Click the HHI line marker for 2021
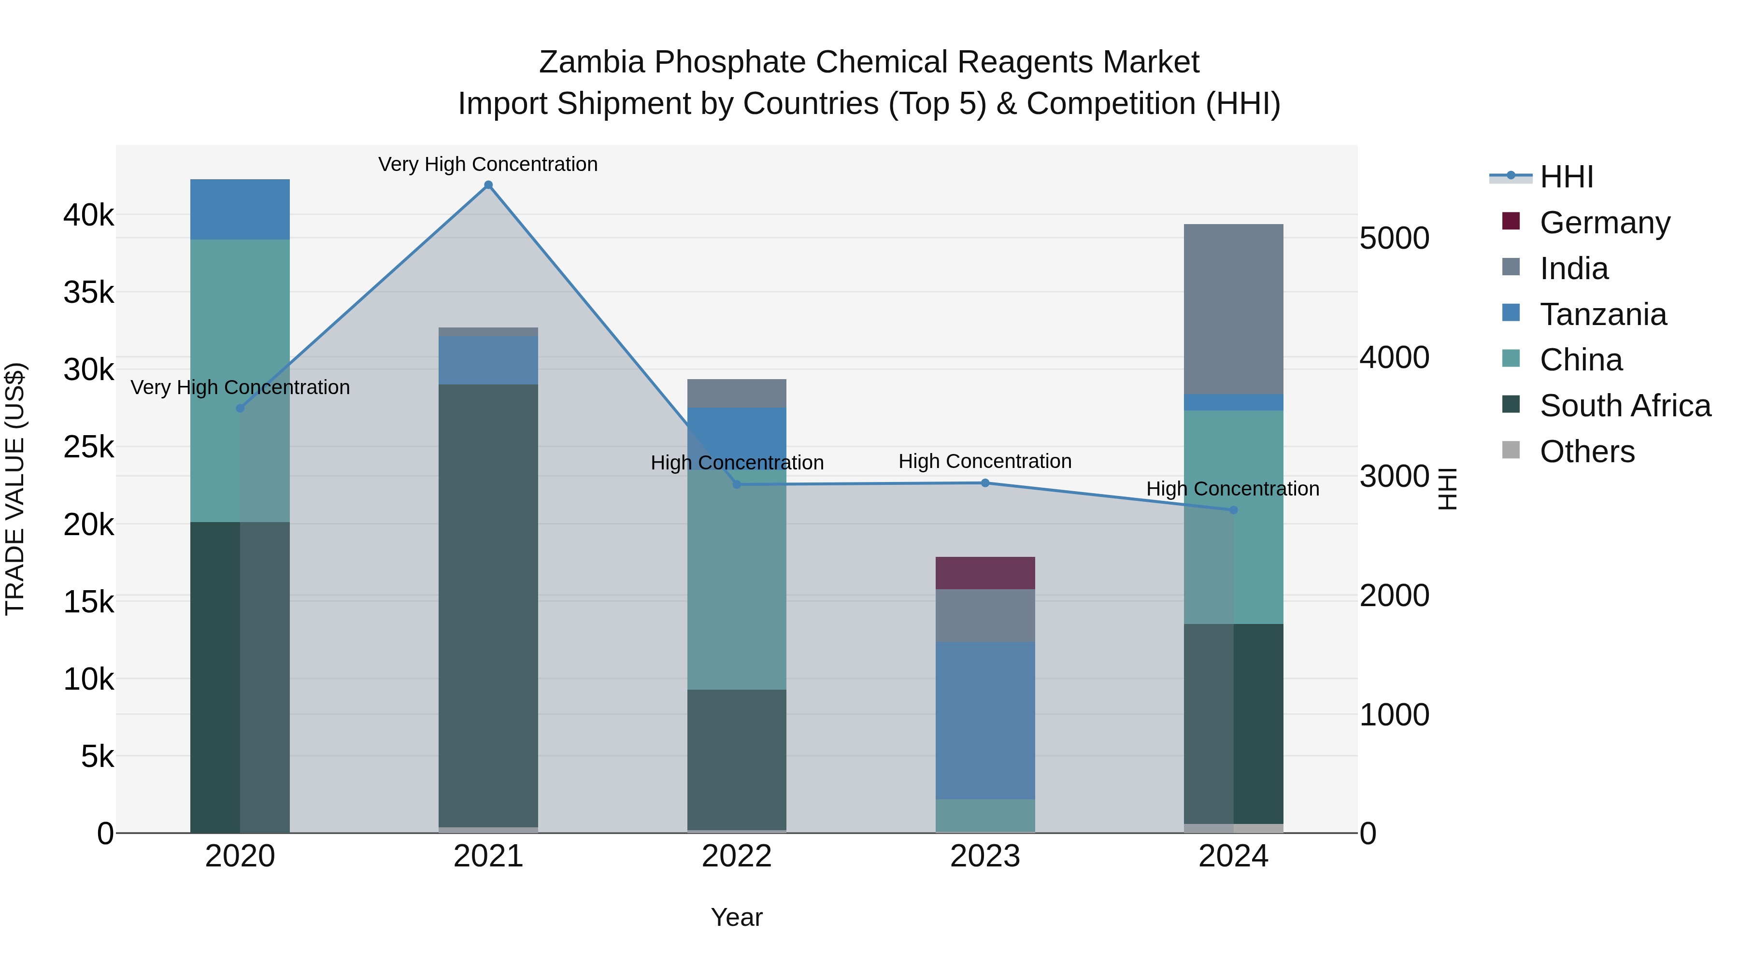coord(488,185)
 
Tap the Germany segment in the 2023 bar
coord(985,572)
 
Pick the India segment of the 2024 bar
coord(1233,309)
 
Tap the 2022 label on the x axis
coord(737,856)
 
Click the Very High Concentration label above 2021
coord(487,164)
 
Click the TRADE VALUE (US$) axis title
coord(15,489)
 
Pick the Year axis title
coord(737,917)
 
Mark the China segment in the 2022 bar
coord(737,581)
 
